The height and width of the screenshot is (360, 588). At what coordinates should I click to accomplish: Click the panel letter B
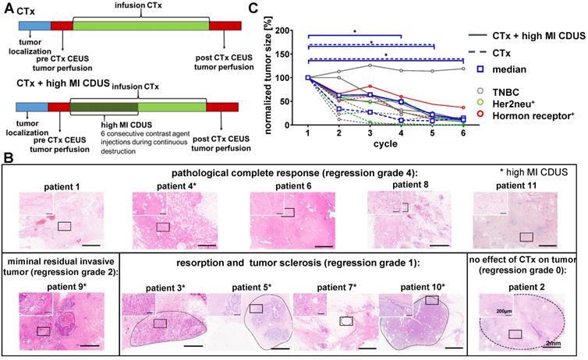pyautogui.click(x=8, y=160)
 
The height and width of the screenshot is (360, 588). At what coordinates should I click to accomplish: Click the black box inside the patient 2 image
pyautogui.click(x=515, y=335)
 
